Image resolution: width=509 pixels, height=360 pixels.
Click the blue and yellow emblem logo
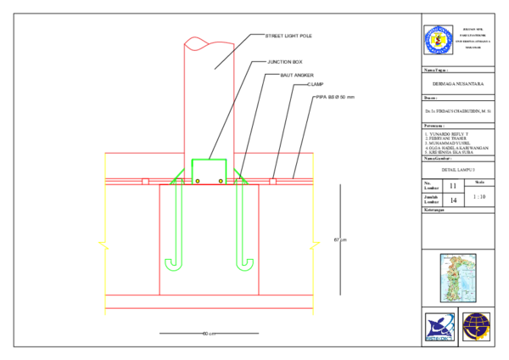click(x=438, y=40)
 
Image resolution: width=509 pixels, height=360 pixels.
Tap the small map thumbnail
click(x=458, y=278)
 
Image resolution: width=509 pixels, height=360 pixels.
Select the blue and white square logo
click(x=439, y=327)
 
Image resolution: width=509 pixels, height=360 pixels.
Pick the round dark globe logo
click(x=476, y=327)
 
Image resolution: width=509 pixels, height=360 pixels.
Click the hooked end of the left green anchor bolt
click(x=173, y=266)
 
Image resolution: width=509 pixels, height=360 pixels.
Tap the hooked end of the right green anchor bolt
click(x=245, y=266)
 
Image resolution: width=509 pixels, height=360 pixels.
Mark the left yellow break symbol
click(x=103, y=245)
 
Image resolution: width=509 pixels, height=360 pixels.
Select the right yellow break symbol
click(x=315, y=245)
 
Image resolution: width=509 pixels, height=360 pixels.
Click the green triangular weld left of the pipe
click(x=178, y=177)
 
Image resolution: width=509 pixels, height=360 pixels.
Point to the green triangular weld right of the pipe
click(x=240, y=177)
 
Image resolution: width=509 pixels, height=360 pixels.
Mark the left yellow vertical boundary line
click(x=105, y=212)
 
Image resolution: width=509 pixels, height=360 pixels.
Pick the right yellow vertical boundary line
click(x=314, y=212)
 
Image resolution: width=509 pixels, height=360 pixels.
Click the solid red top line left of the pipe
click(x=144, y=153)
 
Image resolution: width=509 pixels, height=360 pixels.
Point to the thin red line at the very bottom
click(x=209, y=308)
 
